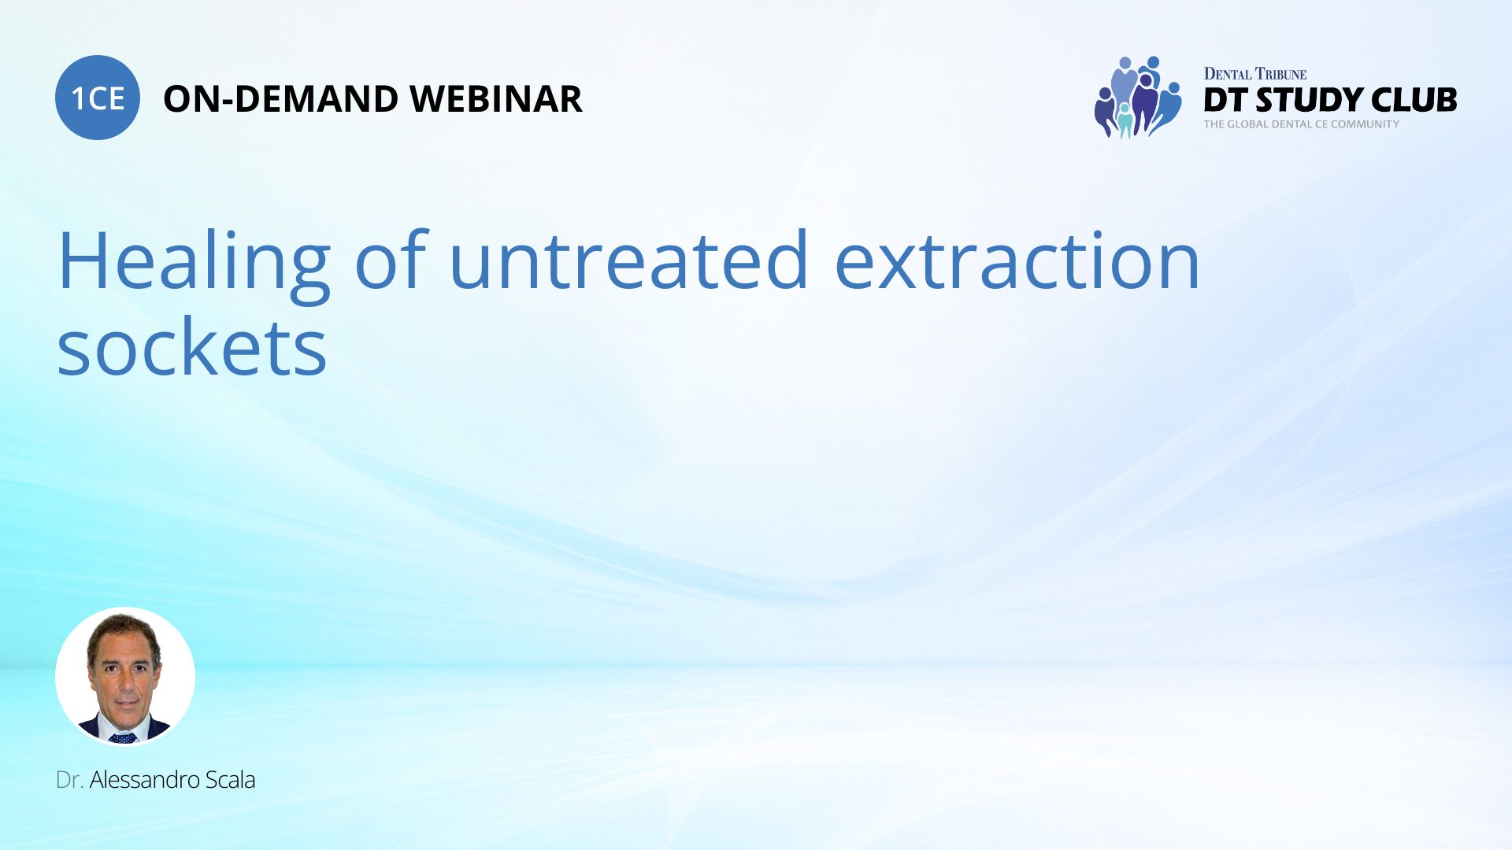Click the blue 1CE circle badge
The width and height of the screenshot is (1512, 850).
click(x=98, y=98)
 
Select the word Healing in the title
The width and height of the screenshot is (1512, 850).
click(x=194, y=261)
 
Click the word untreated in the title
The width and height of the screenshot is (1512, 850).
click(x=628, y=261)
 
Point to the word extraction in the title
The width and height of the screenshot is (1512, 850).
click(x=1017, y=261)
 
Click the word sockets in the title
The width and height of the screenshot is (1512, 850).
click(x=192, y=349)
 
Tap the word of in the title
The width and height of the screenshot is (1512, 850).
click(x=391, y=261)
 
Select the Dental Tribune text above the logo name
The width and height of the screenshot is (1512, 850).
click(x=1254, y=74)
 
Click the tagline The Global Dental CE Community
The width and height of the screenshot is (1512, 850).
click(x=1301, y=124)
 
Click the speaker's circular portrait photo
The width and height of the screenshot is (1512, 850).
click(x=125, y=676)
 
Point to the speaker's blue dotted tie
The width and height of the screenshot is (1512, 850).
click(x=123, y=737)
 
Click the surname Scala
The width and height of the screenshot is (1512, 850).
click(x=230, y=780)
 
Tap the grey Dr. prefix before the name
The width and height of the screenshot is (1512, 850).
click(x=69, y=780)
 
